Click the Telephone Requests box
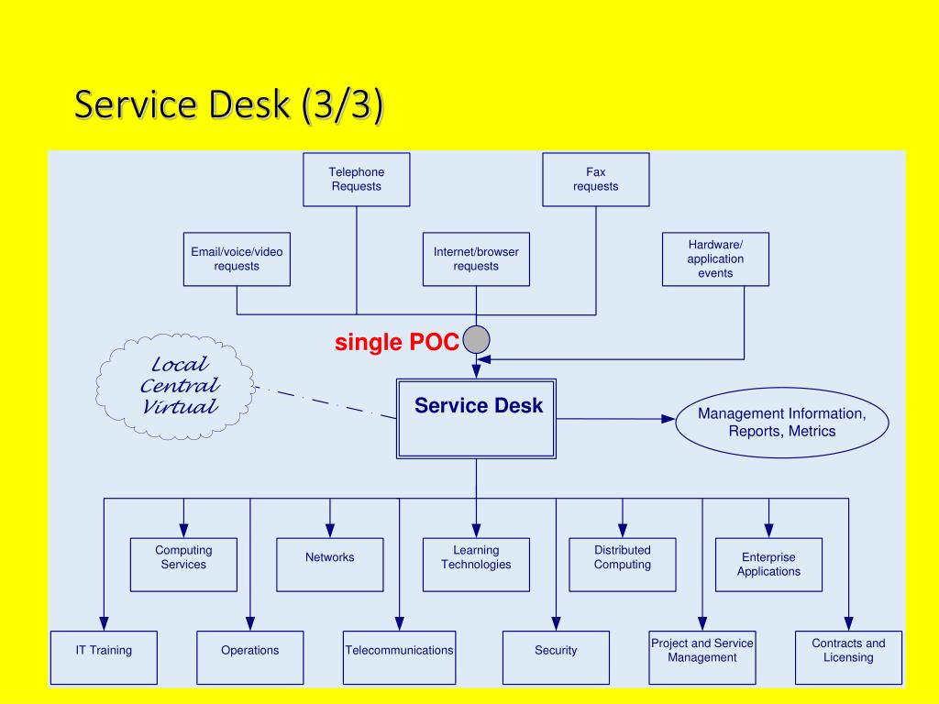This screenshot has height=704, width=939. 357,180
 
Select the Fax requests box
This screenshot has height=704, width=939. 596,180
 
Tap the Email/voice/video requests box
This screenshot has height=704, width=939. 237,259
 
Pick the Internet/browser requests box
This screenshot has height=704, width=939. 476,259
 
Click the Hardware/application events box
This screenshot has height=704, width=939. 715,259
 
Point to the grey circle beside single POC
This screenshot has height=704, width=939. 476,340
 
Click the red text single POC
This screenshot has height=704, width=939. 396,343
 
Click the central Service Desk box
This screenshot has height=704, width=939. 476,419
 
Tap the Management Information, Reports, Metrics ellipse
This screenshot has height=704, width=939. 782,423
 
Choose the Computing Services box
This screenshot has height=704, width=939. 183,565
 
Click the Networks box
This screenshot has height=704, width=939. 330,565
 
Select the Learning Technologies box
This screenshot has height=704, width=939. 476,565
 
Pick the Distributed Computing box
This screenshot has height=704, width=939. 623,565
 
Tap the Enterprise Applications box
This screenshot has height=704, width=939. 769,565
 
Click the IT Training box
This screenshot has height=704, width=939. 105,657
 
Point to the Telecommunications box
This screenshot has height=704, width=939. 400,657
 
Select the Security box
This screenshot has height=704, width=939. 556,657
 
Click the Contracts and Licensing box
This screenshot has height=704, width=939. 848,657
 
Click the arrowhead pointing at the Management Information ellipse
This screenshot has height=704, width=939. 668,419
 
